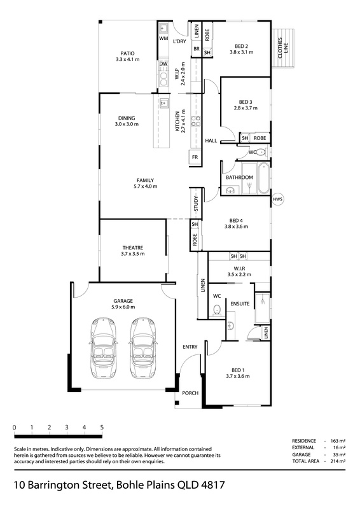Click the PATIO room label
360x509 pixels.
(x=127, y=53)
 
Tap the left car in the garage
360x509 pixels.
(x=103, y=348)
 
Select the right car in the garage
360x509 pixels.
(x=143, y=348)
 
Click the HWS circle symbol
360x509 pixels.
(x=277, y=199)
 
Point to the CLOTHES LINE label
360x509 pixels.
(x=283, y=48)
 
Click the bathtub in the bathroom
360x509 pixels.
(x=263, y=178)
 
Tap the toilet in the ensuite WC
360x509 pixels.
(x=217, y=310)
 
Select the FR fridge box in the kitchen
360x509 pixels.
(x=195, y=157)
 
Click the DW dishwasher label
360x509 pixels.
(x=163, y=64)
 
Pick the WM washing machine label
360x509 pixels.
(x=163, y=38)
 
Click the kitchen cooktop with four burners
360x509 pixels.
(x=195, y=121)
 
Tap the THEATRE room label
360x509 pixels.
(x=133, y=248)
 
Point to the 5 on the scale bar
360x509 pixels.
(x=102, y=427)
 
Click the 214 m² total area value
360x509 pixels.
(x=336, y=461)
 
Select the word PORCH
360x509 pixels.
(x=190, y=393)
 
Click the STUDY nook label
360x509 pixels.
(x=196, y=204)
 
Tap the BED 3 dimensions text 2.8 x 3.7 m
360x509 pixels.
(x=246, y=108)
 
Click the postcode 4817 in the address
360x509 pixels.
(x=213, y=485)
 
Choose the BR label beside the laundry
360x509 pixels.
(x=197, y=49)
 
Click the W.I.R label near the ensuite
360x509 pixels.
(x=239, y=268)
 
